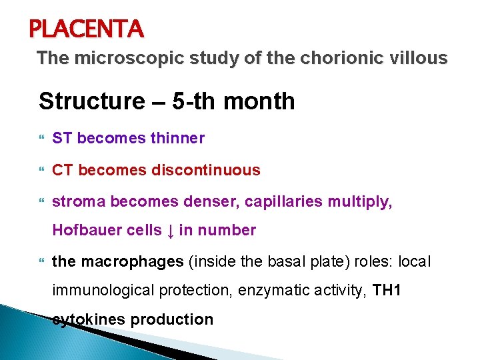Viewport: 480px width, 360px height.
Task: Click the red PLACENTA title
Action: coord(86,29)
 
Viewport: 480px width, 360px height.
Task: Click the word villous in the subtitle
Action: coord(419,59)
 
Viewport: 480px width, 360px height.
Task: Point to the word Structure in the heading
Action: coord(86,101)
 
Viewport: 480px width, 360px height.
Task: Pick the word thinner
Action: coord(178,138)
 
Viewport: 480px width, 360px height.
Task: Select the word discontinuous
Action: coord(206,170)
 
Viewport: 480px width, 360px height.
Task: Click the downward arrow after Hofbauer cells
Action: coord(171,231)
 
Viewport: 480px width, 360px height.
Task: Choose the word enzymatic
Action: coord(288,290)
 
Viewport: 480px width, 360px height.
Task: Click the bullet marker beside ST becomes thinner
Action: coord(43,139)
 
